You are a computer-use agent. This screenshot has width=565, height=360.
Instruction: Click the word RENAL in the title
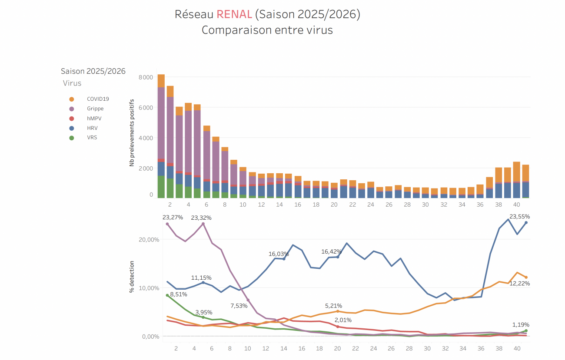click(x=234, y=14)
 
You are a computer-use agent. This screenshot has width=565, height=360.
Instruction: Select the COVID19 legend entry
click(x=98, y=99)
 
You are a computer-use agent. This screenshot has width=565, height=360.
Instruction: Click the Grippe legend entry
click(x=95, y=109)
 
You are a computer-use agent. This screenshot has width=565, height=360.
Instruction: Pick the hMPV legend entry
click(x=94, y=118)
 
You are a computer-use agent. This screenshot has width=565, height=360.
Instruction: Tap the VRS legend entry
click(x=92, y=138)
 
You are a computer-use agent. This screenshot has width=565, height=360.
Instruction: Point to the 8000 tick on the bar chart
click(x=145, y=77)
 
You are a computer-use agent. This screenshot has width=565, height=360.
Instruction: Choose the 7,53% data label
click(x=239, y=306)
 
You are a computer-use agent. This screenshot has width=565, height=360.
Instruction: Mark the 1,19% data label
click(x=521, y=324)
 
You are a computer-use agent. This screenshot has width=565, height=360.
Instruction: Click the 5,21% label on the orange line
click(x=333, y=306)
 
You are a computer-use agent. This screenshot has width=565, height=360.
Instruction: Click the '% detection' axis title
click(x=131, y=277)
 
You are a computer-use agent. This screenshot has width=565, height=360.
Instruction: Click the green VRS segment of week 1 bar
click(x=161, y=187)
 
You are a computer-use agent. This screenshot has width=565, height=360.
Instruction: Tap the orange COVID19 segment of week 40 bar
click(x=516, y=172)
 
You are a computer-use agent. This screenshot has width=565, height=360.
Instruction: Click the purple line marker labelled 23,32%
click(x=203, y=224)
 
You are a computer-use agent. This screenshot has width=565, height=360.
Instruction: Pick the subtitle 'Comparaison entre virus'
click(x=267, y=30)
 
